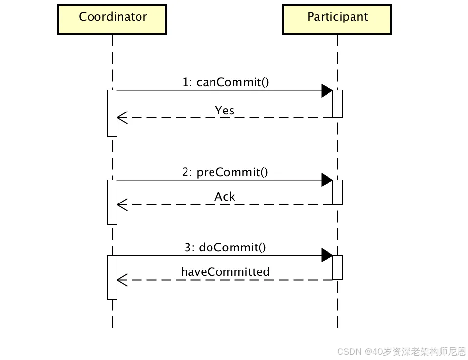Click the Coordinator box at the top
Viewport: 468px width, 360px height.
(112, 20)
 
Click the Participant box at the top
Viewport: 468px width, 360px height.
(337, 20)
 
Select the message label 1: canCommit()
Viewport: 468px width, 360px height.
(226, 82)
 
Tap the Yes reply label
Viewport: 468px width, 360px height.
(225, 111)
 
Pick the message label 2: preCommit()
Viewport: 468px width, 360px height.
(225, 172)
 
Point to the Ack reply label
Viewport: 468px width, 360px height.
(225, 197)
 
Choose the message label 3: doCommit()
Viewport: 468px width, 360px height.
(225, 247)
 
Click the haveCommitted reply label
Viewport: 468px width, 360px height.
(225, 271)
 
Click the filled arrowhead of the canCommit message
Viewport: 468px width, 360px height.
(327, 90)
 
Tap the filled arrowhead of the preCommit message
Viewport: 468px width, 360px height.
(327, 180)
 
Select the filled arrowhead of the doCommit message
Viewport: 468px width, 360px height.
(327, 255)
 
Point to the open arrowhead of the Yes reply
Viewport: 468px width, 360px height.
(122, 117)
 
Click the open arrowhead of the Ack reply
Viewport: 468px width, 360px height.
(122, 204)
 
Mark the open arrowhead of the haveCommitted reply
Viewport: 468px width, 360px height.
(122, 280)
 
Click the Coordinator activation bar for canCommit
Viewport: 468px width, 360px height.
(112, 113)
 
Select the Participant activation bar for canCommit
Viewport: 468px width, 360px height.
(337, 104)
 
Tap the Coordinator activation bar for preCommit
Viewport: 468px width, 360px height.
(112, 202)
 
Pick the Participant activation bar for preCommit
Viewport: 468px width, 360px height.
(337, 192)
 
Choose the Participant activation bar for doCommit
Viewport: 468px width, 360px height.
(337, 268)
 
